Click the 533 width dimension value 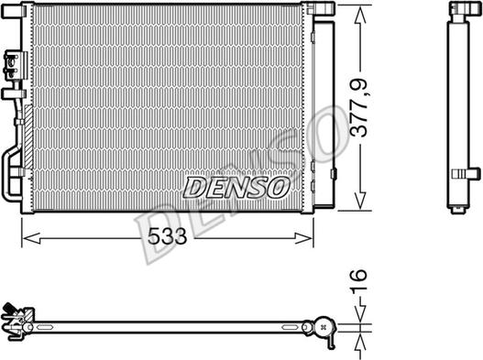tap(167, 237)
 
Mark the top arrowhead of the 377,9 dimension tap(360, 9)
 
